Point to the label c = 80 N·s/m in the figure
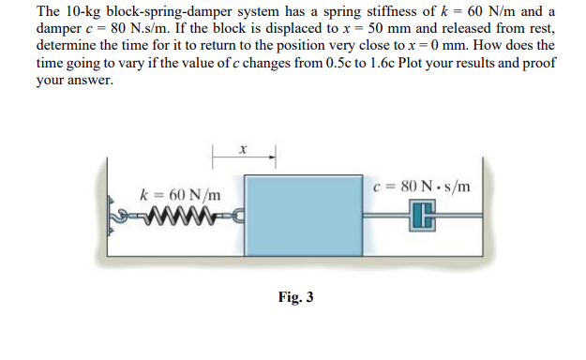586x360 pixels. coord(421,185)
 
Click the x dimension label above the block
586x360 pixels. coord(243,146)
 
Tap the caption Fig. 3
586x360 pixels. coord(296,297)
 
